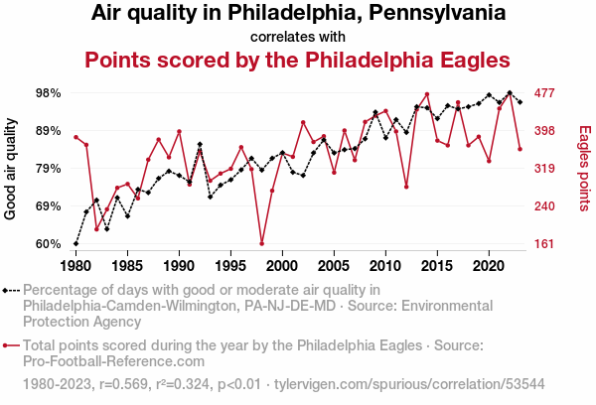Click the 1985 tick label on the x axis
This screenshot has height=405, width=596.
[x=127, y=266]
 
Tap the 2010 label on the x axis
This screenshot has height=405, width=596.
[x=385, y=266]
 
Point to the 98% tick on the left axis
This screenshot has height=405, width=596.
[x=49, y=93]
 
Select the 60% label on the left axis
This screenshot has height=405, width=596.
[x=49, y=244]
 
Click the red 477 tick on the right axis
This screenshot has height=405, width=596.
[x=544, y=93]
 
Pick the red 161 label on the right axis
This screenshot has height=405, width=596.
[x=544, y=244]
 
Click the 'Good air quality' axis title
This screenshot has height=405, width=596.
[x=10, y=169]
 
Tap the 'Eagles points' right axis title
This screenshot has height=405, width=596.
[x=585, y=169]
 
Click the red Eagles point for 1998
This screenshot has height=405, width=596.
[x=262, y=243]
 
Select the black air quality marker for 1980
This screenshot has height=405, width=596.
[x=76, y=243]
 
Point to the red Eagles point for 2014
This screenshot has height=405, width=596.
[x=427, y=94]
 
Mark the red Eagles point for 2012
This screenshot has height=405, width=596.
[x=406, y=187]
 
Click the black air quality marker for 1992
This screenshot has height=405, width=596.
[x=200, y=144]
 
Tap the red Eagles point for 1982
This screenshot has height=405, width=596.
[x=96, y=229]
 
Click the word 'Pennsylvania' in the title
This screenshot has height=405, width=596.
[x=437, y=13]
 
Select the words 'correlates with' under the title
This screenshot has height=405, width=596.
[x=298, y=37]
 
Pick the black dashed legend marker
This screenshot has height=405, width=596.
[x=11, y=291]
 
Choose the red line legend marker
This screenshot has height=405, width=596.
[x=11, y=345]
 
